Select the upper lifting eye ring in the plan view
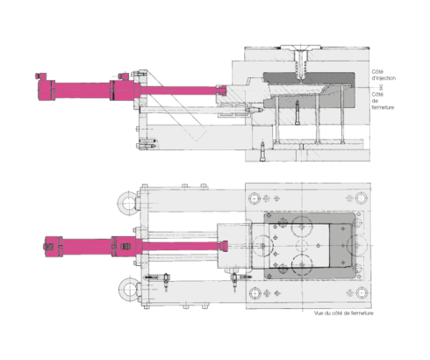coord(130,205)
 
